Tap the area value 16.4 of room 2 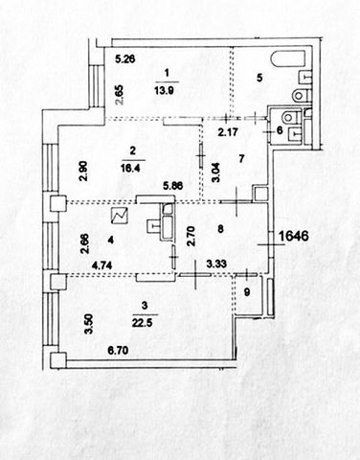(133, 169)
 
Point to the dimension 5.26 (125, 59)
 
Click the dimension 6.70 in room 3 (118, 351)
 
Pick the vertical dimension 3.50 (89, 324)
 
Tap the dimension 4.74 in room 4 (101, 265)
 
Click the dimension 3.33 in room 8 (216, 264)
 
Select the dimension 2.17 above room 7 (228, 131)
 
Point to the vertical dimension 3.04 (216, 172)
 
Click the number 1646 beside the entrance (294, 236)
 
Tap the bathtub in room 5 (287, 59)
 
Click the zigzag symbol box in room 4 (119, 216)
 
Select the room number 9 (247, 292)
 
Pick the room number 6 (280, 130)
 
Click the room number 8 (220, 229)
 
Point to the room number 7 (241, 159)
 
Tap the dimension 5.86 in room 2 (172, 186)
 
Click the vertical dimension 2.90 (83, 172)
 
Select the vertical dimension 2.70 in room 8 (191, 237)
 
